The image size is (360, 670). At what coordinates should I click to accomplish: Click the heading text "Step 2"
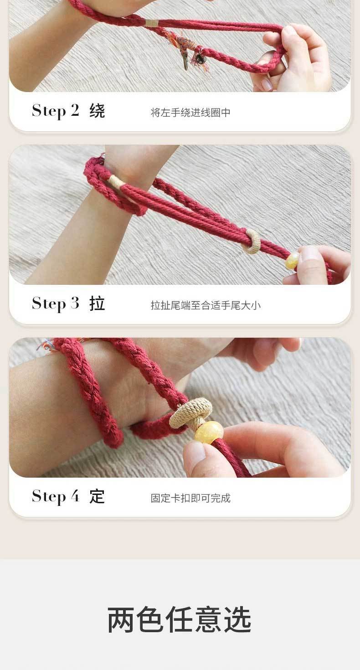pos(56,111)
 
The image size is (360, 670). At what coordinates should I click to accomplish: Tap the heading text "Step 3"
pos(56,304)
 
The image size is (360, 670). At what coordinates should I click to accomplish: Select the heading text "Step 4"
pos(56,497)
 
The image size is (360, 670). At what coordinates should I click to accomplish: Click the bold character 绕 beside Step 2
pos(97,111)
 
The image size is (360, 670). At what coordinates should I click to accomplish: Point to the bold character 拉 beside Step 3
pos(97,304)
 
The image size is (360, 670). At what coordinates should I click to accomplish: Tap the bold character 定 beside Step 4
pos(97,496)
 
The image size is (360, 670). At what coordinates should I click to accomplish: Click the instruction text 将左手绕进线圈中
pos(190,113)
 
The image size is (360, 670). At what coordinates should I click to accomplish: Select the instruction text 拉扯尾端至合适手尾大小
pos(206,305)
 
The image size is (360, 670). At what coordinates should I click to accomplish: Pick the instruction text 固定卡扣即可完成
pos(190,498)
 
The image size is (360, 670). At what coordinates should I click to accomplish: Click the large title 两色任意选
pos(180,620)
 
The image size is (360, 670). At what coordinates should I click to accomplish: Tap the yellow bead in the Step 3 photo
pos(292,261)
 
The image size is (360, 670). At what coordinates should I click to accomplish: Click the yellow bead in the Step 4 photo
pos(209,433)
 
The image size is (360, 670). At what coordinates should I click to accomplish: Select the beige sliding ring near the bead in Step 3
pos(251,242)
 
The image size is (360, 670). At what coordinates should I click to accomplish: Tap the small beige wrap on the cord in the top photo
pos(152,23)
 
